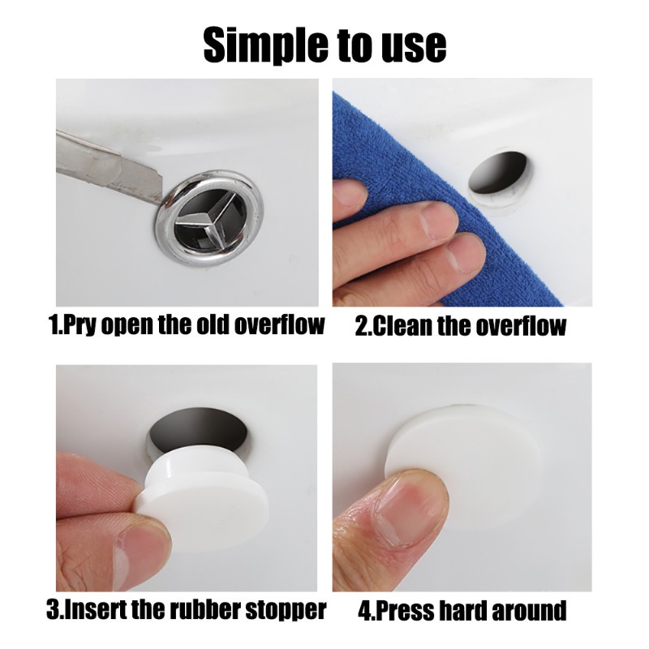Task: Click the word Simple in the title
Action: point(264,45)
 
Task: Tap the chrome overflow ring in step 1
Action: point(210,217)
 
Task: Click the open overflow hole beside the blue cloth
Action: point(499,173)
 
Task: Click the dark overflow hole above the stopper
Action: point(199,428)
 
